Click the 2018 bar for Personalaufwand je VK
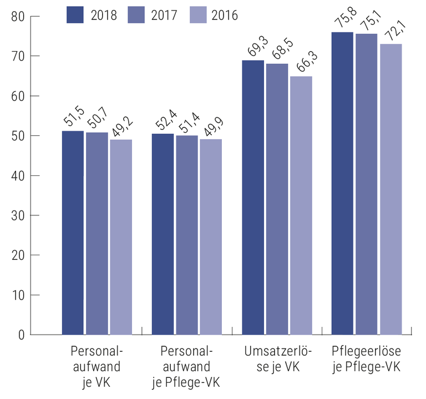click(x=73, y=233)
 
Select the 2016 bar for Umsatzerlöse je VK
click(x=301, y=205)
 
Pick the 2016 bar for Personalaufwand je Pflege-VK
click(x=211, y=237)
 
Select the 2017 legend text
click(x=164, y=15)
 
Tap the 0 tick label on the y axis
click(x=21, y=335)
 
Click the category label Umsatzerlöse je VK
click(x=278, y=358)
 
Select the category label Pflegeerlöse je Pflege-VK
click(x=366, y=358)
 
